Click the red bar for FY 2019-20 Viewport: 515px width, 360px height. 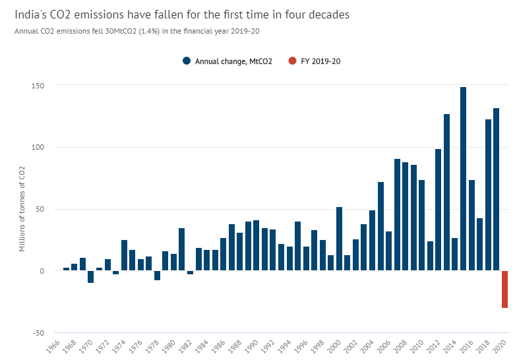click(x=504, y=289)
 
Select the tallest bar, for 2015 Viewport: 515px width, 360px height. click(x=463, y=179)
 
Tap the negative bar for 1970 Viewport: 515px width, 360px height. click(x=91, y=276)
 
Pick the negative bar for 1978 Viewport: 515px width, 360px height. click(x=157, y=275)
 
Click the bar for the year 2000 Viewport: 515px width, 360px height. click(x=339, y=239)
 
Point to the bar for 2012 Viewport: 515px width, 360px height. click(x=439, y=210)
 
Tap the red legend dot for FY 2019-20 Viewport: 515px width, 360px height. click(x=292, y=61)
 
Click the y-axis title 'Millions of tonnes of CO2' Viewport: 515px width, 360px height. click(x=22, y=210)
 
